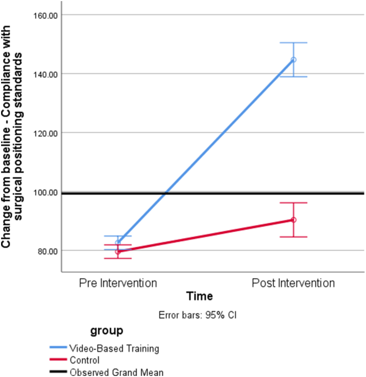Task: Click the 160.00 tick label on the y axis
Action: click(45, 15)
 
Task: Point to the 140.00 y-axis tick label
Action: click(45, 74)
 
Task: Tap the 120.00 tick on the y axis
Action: click(45, 133)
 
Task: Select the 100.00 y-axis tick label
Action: click(45, 192)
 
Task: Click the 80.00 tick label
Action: click(47, 251)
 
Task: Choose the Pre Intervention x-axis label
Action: click(118, 282)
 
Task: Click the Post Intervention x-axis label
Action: click(293, 282)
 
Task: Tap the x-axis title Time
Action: click(199, 296)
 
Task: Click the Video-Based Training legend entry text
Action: click(114, 349)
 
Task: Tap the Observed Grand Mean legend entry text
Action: click(116, 372)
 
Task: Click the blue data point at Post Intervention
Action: click(293, 60)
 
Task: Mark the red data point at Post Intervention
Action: click(293, 220)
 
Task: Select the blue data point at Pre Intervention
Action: click(118, 242)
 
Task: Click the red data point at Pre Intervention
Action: click(118, 252)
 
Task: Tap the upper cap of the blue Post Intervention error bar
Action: click(293, 43)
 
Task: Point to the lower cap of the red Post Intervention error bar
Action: click(293, 237)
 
